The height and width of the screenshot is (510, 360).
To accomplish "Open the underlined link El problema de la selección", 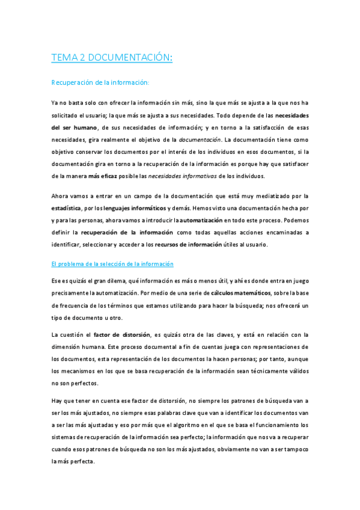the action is click(x=112, y=264).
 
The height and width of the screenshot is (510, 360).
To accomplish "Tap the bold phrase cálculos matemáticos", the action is click(x=239, y=293).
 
